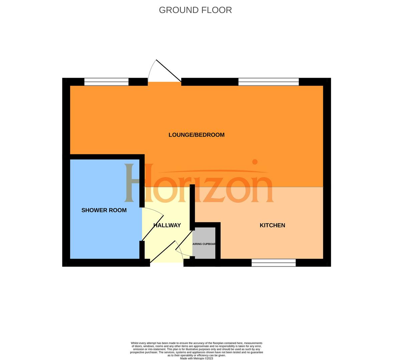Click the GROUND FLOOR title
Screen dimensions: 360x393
point(195,10)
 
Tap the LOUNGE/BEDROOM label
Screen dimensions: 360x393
point(196,135)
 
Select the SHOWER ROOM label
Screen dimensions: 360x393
point(104,210)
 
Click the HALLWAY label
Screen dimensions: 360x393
point(167,225)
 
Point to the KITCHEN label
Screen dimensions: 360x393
point(272,225)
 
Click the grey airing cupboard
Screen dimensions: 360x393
point(204,243)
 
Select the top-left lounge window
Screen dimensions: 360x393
point(106,82)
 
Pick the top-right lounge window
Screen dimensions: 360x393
point(269,82)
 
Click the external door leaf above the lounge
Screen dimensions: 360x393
point(169,71)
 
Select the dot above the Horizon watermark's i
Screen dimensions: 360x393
point(255,162)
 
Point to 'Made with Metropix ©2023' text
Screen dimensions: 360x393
point(196,358)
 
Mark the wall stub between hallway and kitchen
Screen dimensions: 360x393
point(192,207)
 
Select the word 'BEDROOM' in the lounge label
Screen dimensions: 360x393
point(210,135)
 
